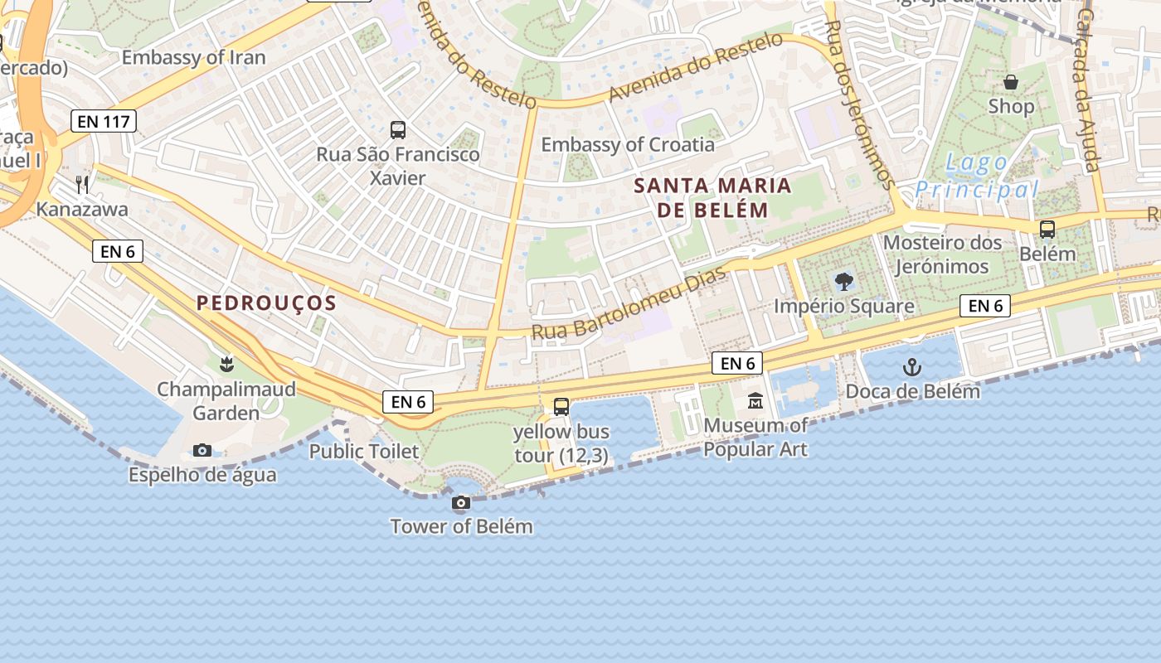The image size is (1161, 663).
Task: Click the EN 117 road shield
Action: click(x=103, y=121)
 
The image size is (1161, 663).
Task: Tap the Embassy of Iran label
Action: click(x=193, y=57)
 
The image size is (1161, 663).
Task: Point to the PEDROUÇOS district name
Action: click(x=266, y=302)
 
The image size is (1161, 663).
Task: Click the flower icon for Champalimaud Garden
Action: click(x=226, y=363)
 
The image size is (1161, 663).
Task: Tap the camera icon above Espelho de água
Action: click(x=202, y=451)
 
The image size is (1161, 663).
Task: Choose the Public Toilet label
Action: click(x=363, y=452)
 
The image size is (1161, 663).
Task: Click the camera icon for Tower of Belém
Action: click(x=461, y=503)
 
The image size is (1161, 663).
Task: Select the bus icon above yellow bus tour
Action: click(x=561, y=407)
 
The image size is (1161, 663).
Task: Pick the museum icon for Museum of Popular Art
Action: click(x=755, y=401)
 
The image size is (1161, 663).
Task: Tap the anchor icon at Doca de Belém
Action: click(x=911, y=366)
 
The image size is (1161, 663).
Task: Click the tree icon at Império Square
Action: click(x=843, y=282)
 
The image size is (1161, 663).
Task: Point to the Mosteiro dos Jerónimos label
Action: click(x=942, y=254)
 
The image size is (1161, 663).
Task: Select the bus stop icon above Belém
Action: click(x=1047, y=230)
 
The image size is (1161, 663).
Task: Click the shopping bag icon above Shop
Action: click(x=1011, y=82)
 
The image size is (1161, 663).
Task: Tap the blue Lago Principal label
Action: click(x=976, y=176)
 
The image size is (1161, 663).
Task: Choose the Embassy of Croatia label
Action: click(x=627, y=144)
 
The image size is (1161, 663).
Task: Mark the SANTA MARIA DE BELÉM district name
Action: click(x=712, y=197)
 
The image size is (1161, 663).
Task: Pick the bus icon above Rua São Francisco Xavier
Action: click(x=398, y=130)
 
